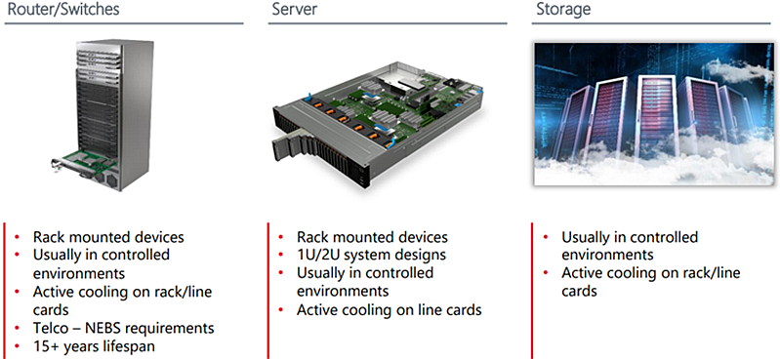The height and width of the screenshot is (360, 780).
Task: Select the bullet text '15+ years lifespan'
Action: [x=94, y=346]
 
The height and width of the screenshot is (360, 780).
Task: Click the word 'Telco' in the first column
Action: [x=55, y=328]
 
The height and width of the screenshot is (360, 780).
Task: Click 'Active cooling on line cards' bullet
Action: [x=389, y=310]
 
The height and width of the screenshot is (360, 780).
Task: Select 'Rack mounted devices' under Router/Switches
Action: [x=108, y=237]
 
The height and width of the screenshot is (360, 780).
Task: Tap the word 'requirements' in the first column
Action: [x=175, y=328]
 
